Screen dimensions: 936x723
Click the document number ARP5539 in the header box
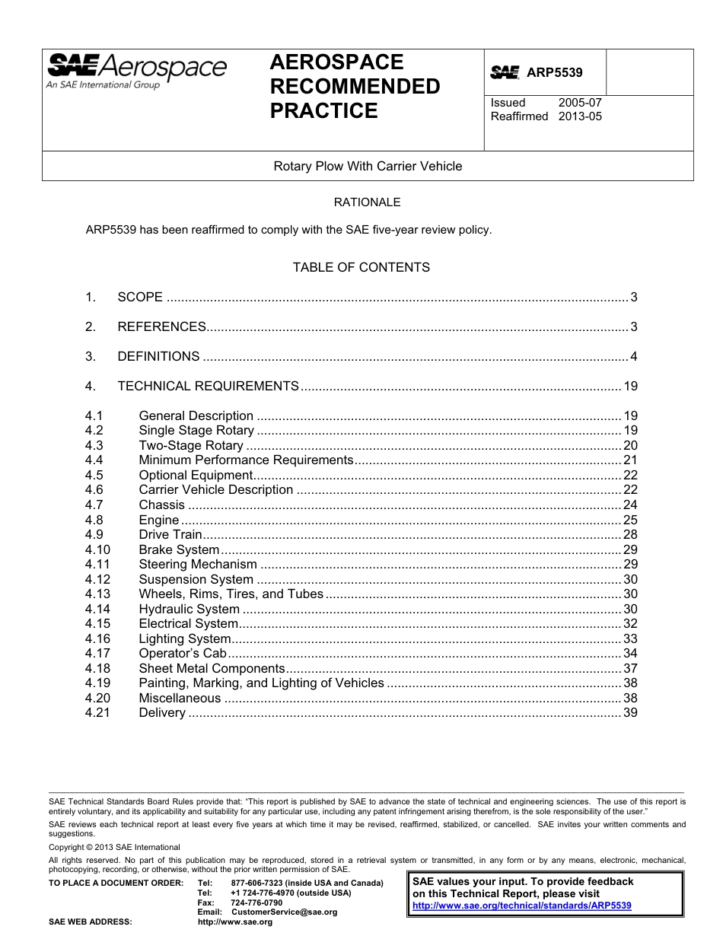[x=554, y=73]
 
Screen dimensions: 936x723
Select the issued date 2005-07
[x=580, y=103]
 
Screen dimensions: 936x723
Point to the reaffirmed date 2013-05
[x=580, y=116]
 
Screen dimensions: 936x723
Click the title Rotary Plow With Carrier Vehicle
[x=368, y=166]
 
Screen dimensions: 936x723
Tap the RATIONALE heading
[x=368, y=202]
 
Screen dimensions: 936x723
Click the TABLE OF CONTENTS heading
[x=361, y=267]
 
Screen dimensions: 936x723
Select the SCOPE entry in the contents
[x=140, y=298]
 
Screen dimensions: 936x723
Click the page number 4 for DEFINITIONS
[x=633, y=357]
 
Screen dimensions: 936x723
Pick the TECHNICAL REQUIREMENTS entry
[x=208, y=387]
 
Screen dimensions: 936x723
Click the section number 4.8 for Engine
[x=94, y=520]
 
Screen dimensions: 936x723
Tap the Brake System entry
[x=179, y=549]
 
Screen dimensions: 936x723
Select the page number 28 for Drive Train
[x=630, y=535]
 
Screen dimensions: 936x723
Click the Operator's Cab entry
[x=183, y=654]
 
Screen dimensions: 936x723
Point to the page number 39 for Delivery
[x=630, y=713]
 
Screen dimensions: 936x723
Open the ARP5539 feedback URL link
[x=521, y=906]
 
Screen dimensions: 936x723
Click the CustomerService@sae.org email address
[x=284, y=912]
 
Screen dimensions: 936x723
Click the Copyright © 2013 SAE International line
[x=114, y=847]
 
